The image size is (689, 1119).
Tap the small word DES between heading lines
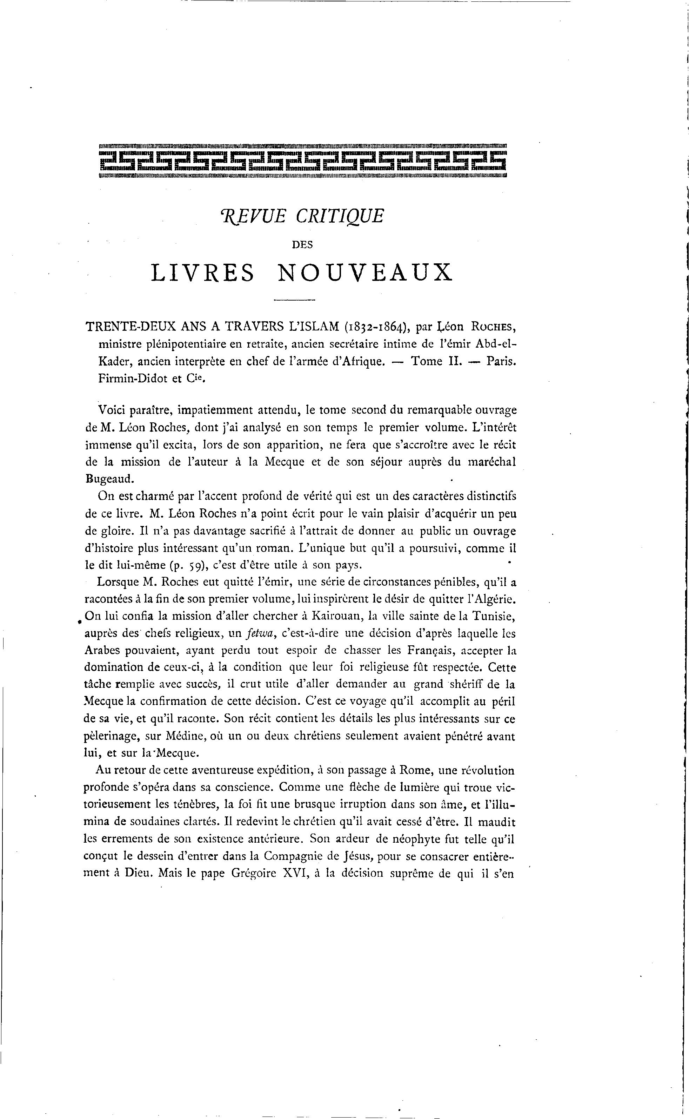point(302,244)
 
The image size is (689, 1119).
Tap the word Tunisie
point(494,616)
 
